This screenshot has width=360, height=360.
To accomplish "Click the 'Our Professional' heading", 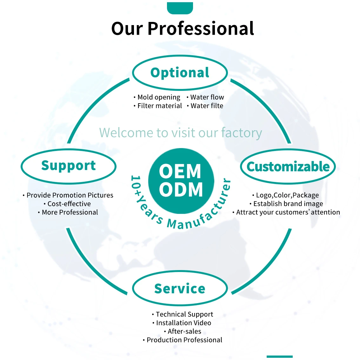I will click(183, 29).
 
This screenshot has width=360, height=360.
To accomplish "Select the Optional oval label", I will click(180, 73).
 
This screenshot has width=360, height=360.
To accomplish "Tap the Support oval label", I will click(69, 166).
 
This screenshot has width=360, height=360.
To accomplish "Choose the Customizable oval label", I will click(288, 166).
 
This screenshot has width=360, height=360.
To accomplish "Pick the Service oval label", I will click(180, 289).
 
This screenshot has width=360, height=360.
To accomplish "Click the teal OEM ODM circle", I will click(181, 181).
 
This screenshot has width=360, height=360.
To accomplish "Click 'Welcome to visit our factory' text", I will click(180, 133).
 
